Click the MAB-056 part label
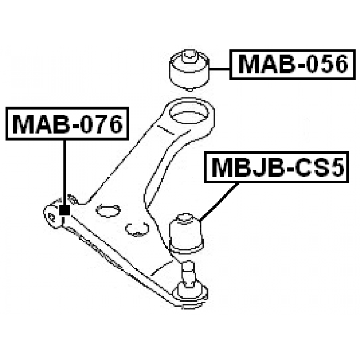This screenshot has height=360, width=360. coord(292,64)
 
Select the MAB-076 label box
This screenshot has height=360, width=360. coord(67,124)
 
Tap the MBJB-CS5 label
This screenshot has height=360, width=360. coord(277,167)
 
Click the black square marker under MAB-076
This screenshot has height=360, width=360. coord(65,210)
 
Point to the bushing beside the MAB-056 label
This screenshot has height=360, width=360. coord(190,70)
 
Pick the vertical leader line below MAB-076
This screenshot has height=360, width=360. coord(65,173)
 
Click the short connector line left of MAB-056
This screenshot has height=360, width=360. coord(220,69)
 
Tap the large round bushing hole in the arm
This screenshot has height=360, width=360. coord(190,113)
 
